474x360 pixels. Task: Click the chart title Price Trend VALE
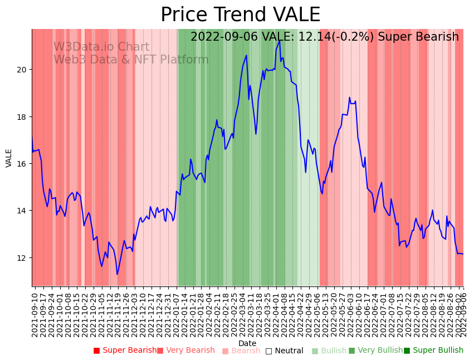coord(240,15)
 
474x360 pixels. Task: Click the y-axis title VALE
coord(9,158)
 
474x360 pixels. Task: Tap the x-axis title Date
coord(247,344)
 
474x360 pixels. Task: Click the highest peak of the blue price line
coord(280,41)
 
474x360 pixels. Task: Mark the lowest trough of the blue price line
coord(117,274)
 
